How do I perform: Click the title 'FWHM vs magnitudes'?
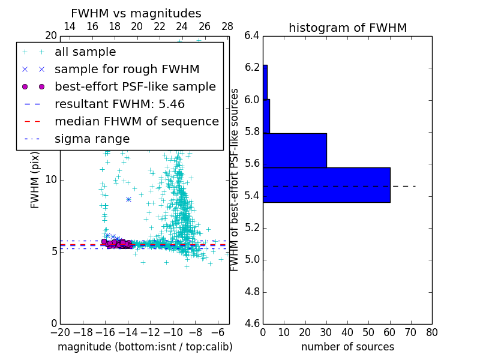click(136, 13)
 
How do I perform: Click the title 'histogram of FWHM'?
click(347, 28)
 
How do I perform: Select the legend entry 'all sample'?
click(85, 52)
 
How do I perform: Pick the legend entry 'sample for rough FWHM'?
click(127, 70)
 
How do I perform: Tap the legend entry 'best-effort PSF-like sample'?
click(135, 87)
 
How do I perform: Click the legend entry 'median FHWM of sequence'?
click(136, 122)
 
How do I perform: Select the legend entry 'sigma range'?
click(92, 139)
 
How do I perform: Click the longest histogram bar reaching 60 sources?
click(326, 185)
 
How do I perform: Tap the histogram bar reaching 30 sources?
click(295, 151)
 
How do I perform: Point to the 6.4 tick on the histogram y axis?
click(252, 35)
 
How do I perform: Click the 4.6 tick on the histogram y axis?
click(252, 324)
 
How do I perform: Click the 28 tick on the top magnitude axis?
click(227, 26)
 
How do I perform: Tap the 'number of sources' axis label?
click(347, 347)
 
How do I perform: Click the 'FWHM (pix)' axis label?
click(35, 179)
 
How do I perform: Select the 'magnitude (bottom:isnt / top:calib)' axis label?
click(145, 347)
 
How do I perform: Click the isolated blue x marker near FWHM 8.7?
click(128, 199)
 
